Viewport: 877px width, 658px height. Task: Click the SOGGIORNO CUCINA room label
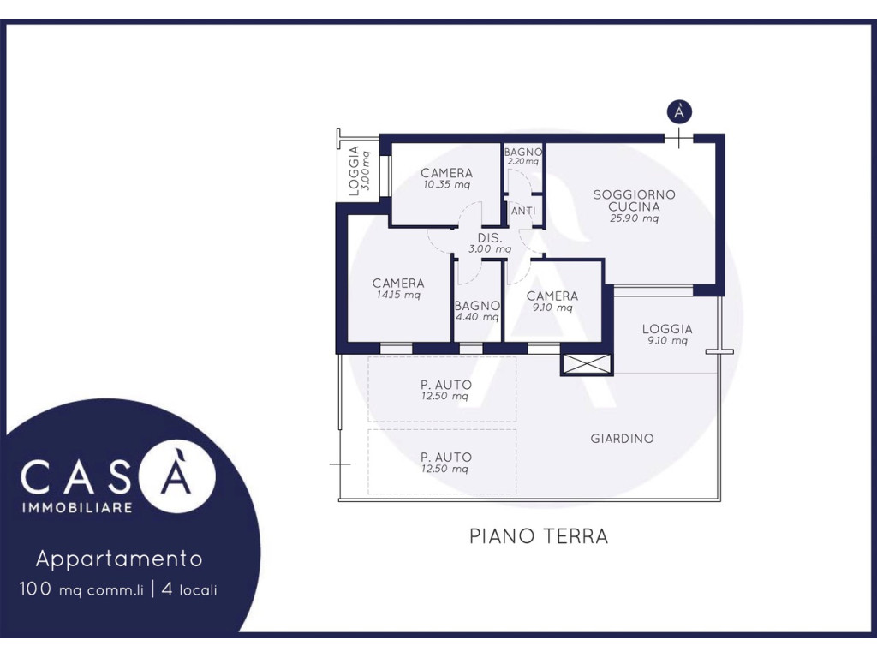[x=635, y=200]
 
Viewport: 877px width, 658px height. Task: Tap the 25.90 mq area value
[x=635, y=218]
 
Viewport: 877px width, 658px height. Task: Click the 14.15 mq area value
[x=398, y=295]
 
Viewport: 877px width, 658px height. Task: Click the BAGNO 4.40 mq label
[x=477, y=311]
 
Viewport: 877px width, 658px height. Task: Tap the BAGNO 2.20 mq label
[x=523, y=156]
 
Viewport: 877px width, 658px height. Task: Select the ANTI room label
[x=523, y=211]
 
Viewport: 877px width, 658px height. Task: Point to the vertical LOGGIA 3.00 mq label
[x=359, y=170]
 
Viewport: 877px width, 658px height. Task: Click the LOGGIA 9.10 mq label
[x=667, y=334]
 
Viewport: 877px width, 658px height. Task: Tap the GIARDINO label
[x=622, y=438]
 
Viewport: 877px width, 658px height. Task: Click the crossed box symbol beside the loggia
[x=587, y=365]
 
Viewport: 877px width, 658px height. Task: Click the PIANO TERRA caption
[x=539, y=536]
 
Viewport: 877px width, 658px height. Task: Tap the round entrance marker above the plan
[x=679, y=112]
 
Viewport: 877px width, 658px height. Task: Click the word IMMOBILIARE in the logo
[x=76, y=507]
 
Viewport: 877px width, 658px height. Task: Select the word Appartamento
[x=118, y=559]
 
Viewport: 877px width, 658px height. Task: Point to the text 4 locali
[x=189, y=589]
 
